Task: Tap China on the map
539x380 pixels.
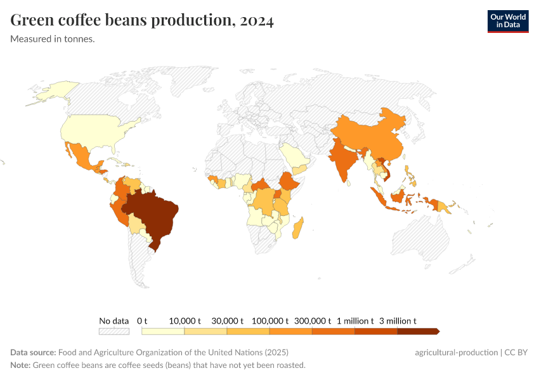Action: (x=374, y=136)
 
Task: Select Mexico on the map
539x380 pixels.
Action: (x=81, y=156)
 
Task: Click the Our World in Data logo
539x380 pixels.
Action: (x=508, y=21)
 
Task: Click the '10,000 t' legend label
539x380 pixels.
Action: (x=185, y=320)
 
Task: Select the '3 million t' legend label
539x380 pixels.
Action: (x=398, y=320)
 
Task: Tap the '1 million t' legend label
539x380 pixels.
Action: (x=354, y=320)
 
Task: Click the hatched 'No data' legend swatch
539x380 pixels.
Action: (x=114, y=331)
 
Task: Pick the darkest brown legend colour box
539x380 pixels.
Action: (x=417, y=331)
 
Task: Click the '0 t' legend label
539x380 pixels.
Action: (x=142, y=320)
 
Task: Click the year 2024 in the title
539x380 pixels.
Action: (x=257, y=21)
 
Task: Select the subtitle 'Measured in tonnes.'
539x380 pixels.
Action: (x=53, y=39)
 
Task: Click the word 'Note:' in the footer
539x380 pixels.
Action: (x=20, y=365)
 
